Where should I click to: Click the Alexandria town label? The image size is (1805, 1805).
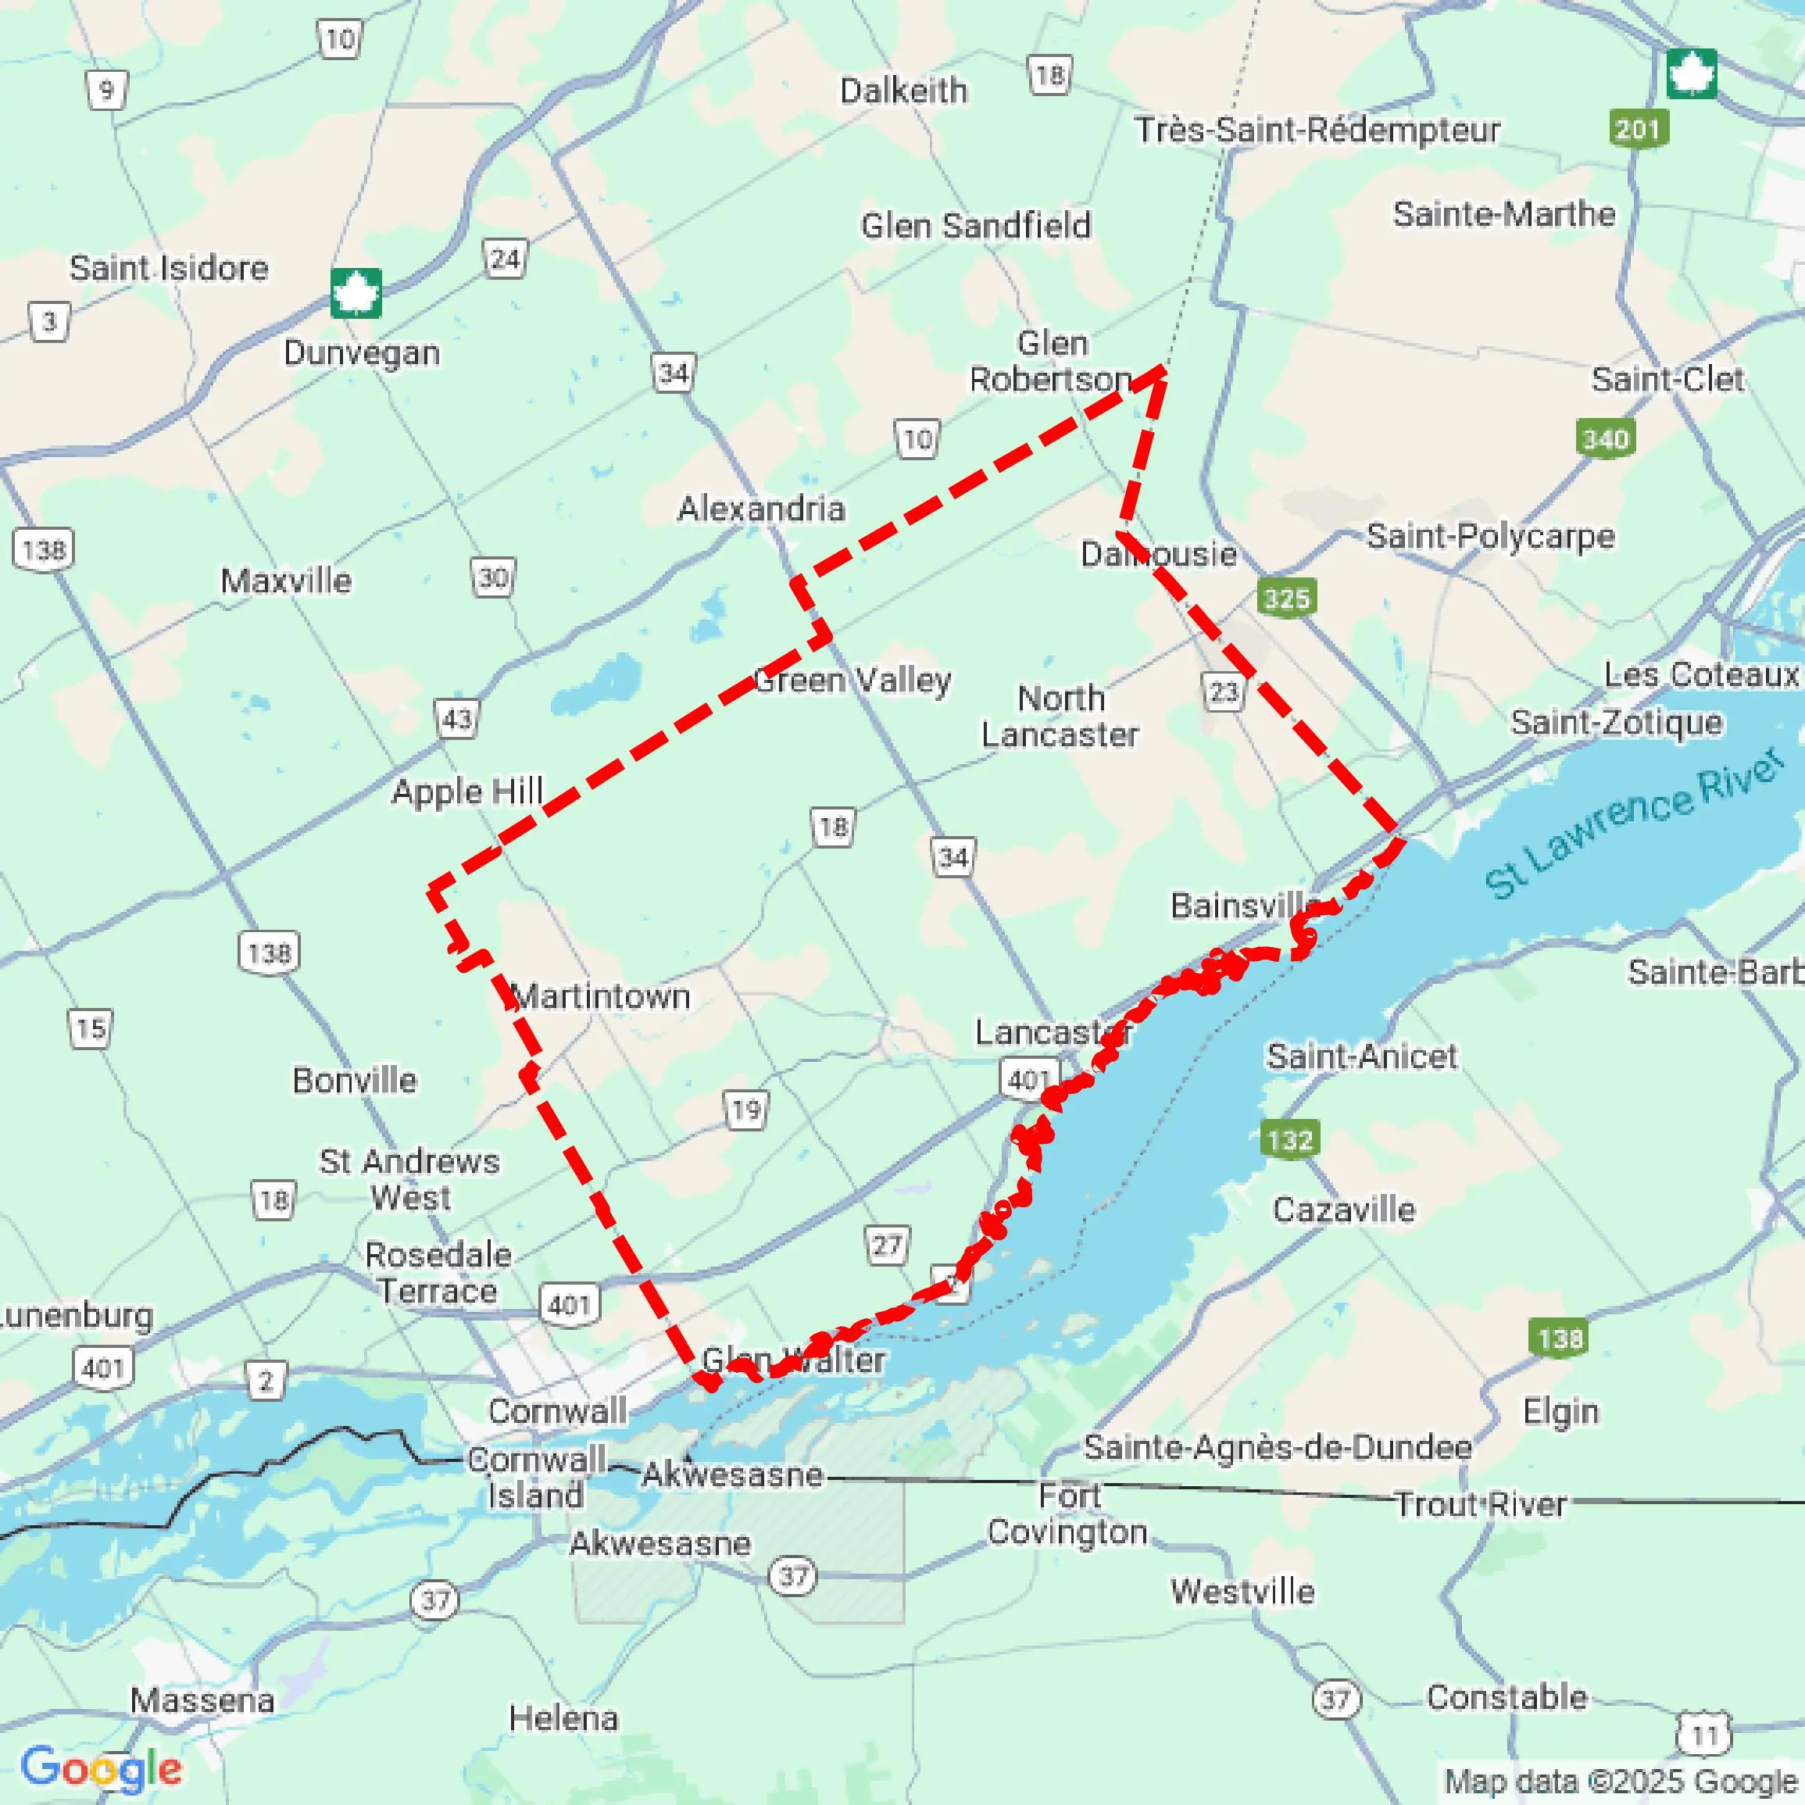point(761,509)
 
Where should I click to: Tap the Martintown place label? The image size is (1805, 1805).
point(602,997)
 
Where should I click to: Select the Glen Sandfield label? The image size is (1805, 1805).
point(975,226)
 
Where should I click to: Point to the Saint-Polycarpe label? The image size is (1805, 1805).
point(1490,536)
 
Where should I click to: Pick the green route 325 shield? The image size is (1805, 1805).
point(1286,598)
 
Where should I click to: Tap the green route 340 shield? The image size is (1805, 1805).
point(1605,438)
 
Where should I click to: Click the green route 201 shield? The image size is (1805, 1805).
point(1639,129)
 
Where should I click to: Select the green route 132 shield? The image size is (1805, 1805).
point(1289,1140)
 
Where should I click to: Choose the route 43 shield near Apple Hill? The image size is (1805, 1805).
point(457,720)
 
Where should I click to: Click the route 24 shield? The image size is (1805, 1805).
point(505,259)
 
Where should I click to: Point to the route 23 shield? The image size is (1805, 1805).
point(1223,692)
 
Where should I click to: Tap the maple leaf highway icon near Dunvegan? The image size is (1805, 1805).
point(356,293)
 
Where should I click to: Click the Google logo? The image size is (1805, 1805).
point(101,1767)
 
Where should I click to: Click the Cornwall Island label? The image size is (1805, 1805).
point(535,1477)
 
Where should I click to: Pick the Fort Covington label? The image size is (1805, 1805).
point(1068,1514)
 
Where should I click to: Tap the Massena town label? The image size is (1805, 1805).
point(202,1700)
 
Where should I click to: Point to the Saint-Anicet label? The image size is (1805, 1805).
point(1361,1056)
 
